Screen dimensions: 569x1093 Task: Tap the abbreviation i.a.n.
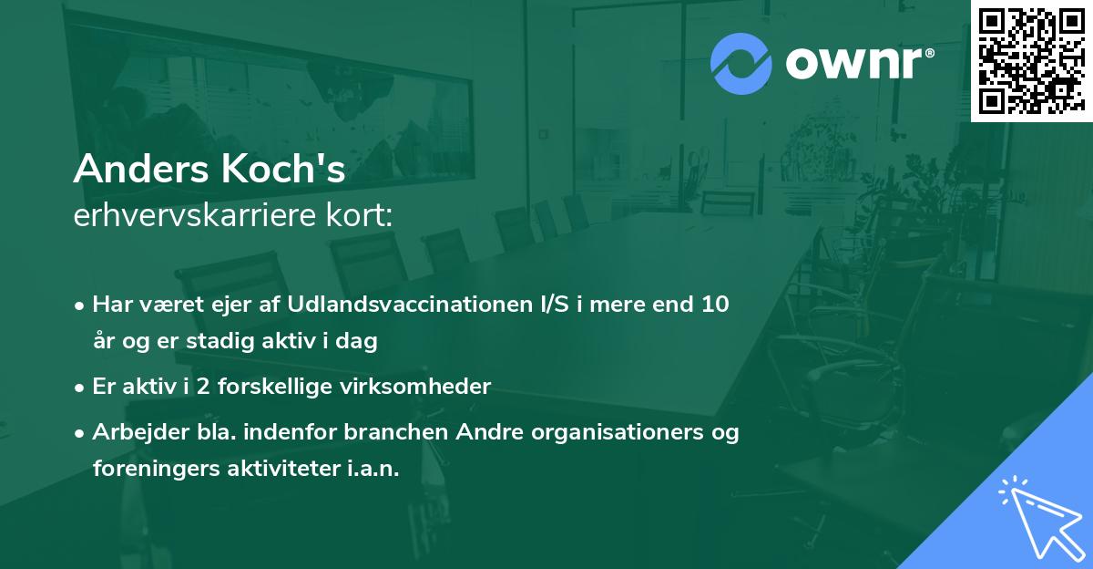[374, 469]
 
